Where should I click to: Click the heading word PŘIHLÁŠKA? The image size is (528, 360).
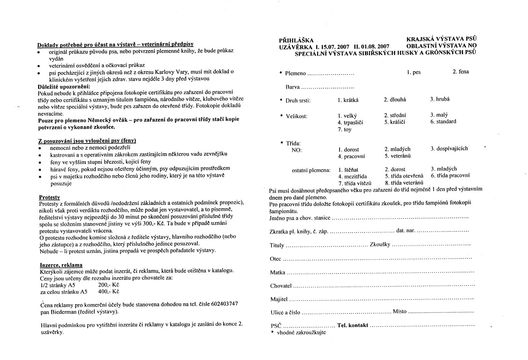tap(296, 40)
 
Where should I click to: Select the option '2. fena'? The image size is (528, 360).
tap(461, 72)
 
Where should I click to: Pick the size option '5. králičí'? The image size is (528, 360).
tap(395, 122)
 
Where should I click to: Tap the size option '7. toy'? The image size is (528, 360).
tap(345, 130)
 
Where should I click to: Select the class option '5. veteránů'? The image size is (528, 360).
tap(397, 156)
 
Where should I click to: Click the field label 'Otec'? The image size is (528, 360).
tap(276, 259)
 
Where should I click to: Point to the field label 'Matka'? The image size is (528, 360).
tap(277, 273)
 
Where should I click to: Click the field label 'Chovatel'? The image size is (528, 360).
tap(281, 286)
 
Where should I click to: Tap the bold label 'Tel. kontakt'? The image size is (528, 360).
tap(352, 325)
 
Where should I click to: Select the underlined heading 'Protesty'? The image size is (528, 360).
tap(49, 197)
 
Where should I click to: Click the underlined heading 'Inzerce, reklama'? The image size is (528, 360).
tap(61, 265)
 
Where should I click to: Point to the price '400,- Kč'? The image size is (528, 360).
tap(109, 292)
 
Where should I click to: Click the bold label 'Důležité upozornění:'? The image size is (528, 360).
tap(59, 86)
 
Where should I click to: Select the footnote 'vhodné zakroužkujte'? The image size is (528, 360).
tap(301, 332)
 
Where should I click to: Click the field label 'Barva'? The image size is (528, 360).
tap(293, 87)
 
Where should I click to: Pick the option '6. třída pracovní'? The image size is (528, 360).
tap(450, 176)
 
